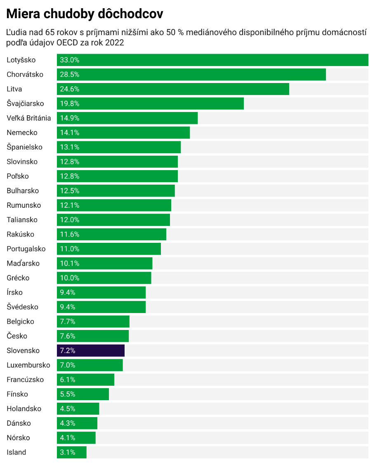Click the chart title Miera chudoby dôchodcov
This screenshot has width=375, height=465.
pos(85,14)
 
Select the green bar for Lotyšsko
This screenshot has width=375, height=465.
pos(212,60)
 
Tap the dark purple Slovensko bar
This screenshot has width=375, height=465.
pos(91,351)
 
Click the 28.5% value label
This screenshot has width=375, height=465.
pos(69,74)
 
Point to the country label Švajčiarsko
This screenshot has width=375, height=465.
pos(25,104)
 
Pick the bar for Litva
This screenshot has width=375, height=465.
pos(173,89)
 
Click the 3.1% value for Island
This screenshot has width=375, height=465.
pos(68,452)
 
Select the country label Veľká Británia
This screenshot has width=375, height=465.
pos(29,118)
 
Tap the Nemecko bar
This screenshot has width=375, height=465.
pos(123,133)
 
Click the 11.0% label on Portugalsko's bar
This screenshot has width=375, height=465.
pos(69,249)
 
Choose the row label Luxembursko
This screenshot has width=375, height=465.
pos(28,365)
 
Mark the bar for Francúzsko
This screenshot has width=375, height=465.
pos(85,380)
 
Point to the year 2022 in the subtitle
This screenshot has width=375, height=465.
pos(115,43)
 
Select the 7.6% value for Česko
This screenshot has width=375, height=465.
pos(68,336)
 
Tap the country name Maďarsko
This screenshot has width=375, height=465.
pos(23,263)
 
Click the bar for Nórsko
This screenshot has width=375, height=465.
pos(76,438)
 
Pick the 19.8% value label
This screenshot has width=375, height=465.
pos(69,104)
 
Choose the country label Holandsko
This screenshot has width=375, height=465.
pos(24,409)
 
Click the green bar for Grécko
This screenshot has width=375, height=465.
pos(104,278)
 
